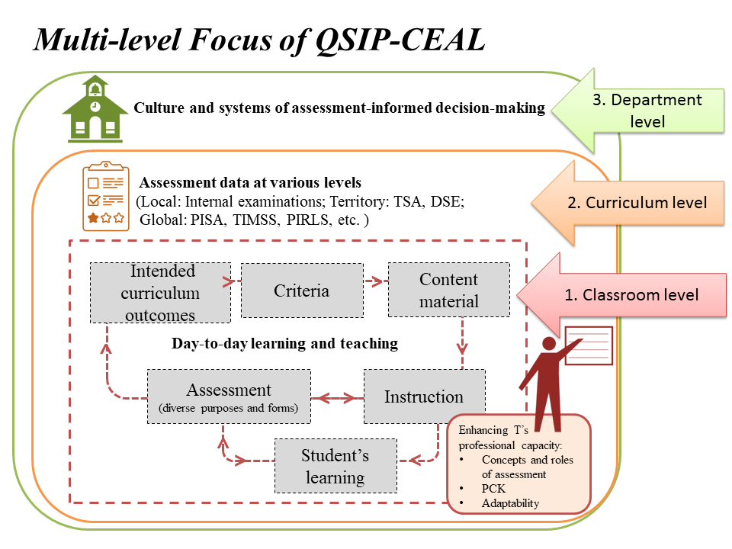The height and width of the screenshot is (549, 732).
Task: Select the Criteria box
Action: coord(302,291)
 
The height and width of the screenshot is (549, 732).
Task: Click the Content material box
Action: coord(448,290)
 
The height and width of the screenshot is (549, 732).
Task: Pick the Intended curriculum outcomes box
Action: coord(160,293)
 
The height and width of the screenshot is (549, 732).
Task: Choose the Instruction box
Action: coord(424,396)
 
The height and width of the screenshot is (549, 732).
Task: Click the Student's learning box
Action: coord(335,466)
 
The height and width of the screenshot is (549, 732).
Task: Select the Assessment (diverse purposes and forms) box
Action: coord(229,396)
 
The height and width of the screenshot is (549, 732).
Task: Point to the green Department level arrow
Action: coord(637,110)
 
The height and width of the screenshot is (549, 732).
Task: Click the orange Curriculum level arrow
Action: coord(628,203)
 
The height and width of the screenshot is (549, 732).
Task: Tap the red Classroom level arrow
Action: coord(621,295)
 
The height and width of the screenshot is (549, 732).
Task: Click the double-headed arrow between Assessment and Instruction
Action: coord(337,398)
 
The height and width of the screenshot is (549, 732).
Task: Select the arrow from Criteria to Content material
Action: coord(376,281)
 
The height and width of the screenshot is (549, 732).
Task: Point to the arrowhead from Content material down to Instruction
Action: coord(462,348)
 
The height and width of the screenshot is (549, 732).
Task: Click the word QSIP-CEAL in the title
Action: coord(400,40)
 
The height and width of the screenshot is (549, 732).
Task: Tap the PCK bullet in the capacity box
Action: coord(493,488)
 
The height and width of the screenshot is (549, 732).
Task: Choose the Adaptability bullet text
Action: coord(510,503)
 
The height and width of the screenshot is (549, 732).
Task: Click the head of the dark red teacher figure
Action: coord(549,344)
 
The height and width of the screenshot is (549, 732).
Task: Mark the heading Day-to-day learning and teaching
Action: coord(284,344)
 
